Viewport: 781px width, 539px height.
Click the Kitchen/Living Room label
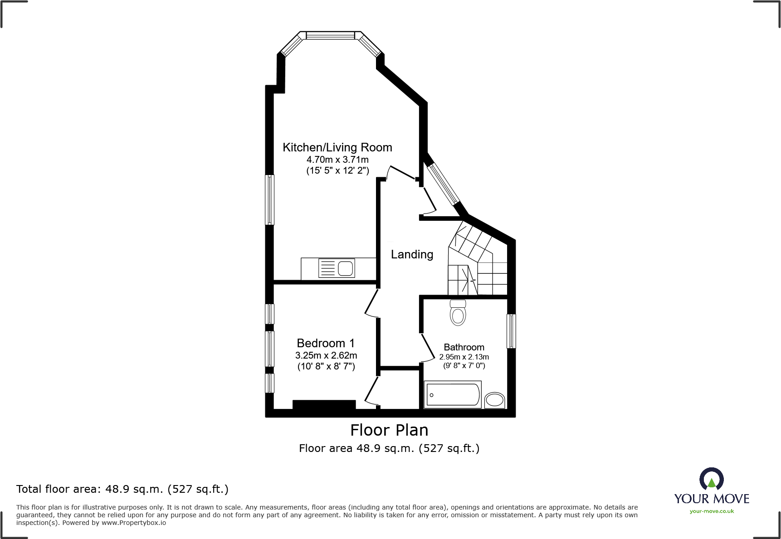pyautogui.click(x=337, y=147)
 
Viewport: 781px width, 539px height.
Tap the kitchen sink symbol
pyautogui.click(x=337, y=268)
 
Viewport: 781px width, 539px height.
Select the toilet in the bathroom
pyautogui.click(x=458, y=313)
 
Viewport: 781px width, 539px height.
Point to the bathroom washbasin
pyautogui.click(x=494, y=400)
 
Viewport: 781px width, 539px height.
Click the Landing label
pyautogui.click(x=412, y=254)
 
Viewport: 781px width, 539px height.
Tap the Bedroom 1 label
pyautogui.click(x=326, y=343)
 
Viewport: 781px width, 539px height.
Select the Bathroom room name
pyautogui.click(x=464, y=347)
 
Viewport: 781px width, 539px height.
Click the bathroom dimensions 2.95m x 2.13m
pyautogui.click(x=464, y=357)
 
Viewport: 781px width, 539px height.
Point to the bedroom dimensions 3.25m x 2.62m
pyautogui.click(x=326, y=355)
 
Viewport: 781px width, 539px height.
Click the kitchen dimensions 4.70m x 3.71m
pyautogui.click(x=337, y=160)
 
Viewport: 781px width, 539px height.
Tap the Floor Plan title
pyautogui.click(x=389, y=430)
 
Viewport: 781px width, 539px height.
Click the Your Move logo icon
pyautogui.click(x=711, y=479)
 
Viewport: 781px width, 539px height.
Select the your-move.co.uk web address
pyautogui.click(x=712, y=511)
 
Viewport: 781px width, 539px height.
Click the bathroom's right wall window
pyautogui.click(x=511, y=331)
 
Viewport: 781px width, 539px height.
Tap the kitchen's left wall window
pyautogui.click(x=269, y=199)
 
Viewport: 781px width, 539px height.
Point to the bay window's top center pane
pyautogui.click(x=330, y=35)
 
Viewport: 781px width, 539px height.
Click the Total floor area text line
pyautogui.click(x=122, y=489)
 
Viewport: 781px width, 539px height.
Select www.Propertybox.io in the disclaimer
pyautogui.click(x=134, y=523)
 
